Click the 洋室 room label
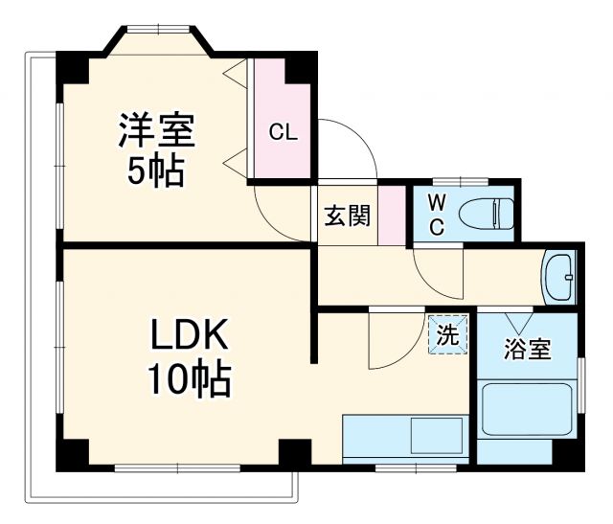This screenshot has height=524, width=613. tap(156, 131)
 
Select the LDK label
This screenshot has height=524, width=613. tap(189, 336)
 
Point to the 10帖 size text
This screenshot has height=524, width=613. tap(189, 379)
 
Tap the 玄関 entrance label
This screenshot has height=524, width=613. tap(346, 216)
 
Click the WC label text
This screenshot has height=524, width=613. tap(436, 215)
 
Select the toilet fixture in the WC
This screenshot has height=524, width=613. tap(487, 212)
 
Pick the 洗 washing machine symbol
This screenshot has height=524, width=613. tap(447, 335)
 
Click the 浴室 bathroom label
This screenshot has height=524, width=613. tap(528, 350)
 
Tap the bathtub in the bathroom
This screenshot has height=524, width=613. tap(528, 410)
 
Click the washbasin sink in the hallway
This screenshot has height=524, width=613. tap(558, 276)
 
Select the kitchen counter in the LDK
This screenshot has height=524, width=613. tap(404, 437)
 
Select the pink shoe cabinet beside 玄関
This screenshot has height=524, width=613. tap(390, 214)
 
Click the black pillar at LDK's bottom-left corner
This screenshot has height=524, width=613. tap(72, 455)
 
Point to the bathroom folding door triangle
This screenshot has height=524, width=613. tap(520, 322)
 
